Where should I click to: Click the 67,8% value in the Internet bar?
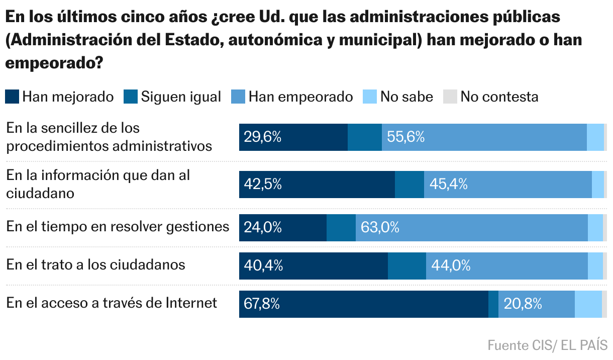[261, 304]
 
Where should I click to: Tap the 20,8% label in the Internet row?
[523, 304]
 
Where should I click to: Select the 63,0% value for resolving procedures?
[380, 227]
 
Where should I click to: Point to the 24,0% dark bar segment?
[283, 227]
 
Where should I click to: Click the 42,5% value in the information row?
[262, 184]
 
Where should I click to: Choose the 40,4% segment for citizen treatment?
[313, 265]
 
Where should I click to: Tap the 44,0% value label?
[451, 265]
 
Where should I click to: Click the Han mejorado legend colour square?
[12, 97]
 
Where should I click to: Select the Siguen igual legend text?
[181, 97]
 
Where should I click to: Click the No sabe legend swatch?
[370, 97]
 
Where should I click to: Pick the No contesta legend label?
[499, 97]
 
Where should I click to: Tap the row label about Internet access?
[112, 303]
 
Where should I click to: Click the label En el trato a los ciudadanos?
[96, 264]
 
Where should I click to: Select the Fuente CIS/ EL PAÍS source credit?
[547, 345]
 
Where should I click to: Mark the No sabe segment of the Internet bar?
[588, 304]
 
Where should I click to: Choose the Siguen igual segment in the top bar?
[364, 137]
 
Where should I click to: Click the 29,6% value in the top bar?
[262, 137]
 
